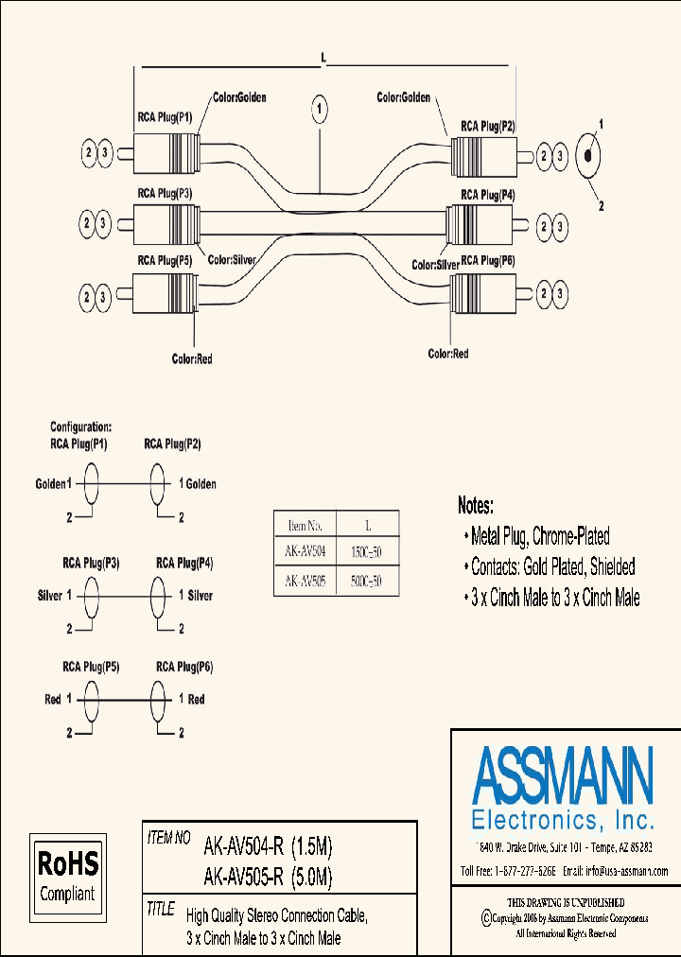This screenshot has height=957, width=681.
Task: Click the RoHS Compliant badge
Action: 67,875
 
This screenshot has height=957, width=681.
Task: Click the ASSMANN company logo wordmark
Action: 562,774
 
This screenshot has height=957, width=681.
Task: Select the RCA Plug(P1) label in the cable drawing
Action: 165,118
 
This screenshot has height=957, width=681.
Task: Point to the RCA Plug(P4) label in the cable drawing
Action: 487,195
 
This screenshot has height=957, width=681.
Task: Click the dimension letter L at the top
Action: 323,59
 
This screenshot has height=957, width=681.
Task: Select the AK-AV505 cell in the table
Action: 305,582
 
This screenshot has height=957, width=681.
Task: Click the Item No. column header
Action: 305,524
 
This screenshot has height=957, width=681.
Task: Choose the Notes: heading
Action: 489,506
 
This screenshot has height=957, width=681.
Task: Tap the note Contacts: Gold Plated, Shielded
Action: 553,566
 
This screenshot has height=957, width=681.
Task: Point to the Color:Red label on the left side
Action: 191,357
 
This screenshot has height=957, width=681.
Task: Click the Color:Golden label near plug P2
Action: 404,97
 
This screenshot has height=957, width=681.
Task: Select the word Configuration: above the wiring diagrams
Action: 80,426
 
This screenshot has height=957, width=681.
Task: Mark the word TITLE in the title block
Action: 161,910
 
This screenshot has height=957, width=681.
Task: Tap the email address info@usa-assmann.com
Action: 615,871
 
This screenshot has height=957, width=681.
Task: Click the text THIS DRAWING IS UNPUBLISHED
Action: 566,903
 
